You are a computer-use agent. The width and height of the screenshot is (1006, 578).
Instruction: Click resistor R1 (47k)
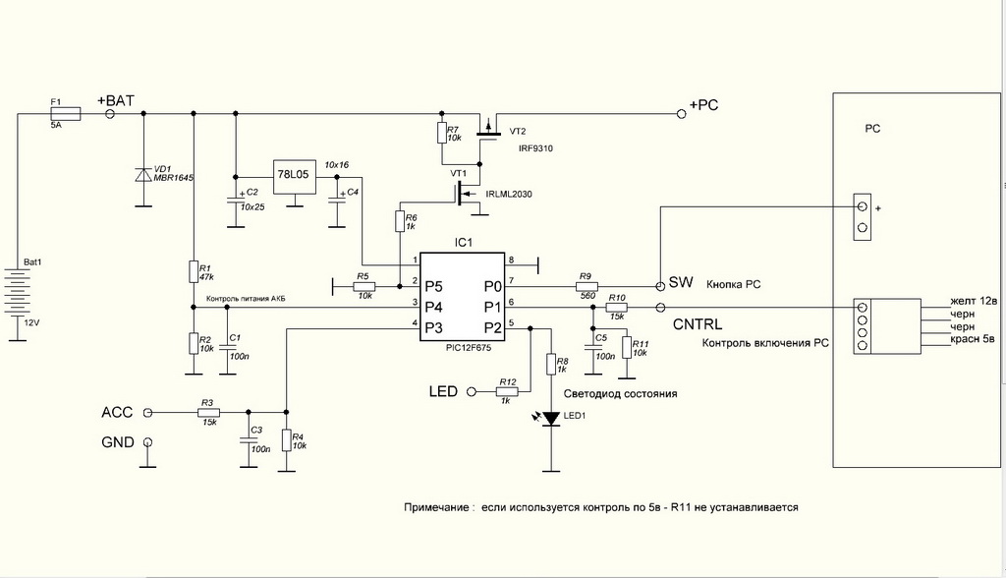tap(193, 272)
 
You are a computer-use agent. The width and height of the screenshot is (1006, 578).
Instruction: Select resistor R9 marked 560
tap(587, 287)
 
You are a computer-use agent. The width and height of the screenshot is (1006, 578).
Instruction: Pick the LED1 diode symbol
tap(550, 419)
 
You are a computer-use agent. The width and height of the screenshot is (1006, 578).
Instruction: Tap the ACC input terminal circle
tap(148, 413)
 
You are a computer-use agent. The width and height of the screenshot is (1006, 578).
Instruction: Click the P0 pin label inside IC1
tap(493, 287)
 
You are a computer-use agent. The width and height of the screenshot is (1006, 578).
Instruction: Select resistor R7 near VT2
tap(439, 133)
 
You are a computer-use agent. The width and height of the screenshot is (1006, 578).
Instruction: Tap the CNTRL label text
tap(697, 324)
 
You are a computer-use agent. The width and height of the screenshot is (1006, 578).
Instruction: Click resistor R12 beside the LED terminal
tap(507, 392)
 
